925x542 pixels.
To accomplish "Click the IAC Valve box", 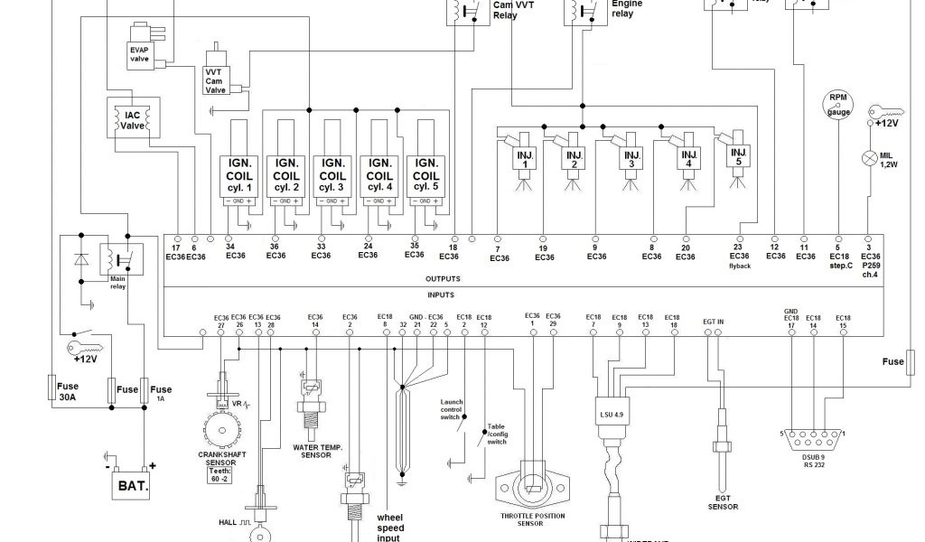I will (x=133, y=120).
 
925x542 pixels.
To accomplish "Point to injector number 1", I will (x=524, y=158).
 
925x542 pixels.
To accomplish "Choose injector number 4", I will (x=688, y=158).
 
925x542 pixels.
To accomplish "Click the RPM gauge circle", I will (x=839, y=106).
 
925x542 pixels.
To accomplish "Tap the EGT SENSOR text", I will (x=723, y=502).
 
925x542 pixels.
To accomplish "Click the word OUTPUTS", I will (x=444, y=279).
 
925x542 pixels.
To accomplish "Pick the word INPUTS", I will (x=441, y=295).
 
